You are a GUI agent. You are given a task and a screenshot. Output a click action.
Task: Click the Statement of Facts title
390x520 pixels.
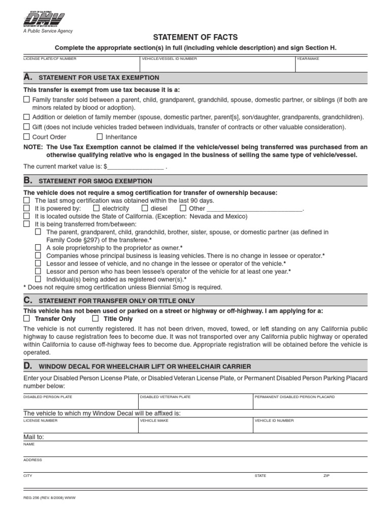point(195,38)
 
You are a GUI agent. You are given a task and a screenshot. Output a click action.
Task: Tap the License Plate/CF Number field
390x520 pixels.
point(81,64)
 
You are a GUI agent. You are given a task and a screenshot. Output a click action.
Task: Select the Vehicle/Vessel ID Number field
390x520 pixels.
point(218,64)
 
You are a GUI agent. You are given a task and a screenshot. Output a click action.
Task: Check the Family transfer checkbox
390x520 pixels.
point(26,100)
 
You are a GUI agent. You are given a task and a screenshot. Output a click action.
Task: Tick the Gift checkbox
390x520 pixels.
point(26,127)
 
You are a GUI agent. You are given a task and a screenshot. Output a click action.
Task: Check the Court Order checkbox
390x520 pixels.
point(26,137)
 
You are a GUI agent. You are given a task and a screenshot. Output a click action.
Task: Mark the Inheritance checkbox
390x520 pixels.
point(100,137)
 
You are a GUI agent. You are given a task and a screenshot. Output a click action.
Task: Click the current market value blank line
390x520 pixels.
point(136,166)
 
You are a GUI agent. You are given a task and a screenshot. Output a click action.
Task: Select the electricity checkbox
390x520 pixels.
point(96,208)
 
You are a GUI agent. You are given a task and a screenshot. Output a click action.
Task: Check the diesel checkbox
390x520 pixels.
point(145,208)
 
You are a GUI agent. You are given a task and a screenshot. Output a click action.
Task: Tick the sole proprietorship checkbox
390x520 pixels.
point(38,248)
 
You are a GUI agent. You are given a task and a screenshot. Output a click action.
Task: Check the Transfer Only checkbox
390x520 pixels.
point(26,319)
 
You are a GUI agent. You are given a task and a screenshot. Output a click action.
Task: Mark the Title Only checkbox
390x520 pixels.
point(95,319)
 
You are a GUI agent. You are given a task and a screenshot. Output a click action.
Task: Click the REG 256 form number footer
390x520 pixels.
point(49,498)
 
